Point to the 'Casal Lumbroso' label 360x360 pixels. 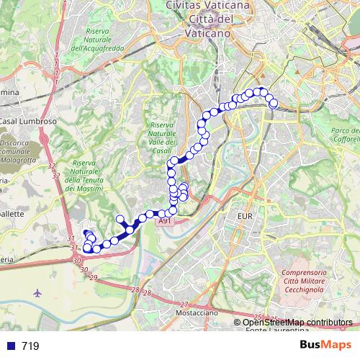tap(27, 122)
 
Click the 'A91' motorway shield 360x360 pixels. tap(165, 222)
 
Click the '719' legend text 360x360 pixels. tap(30, 346)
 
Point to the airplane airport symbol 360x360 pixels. tap(37, 294)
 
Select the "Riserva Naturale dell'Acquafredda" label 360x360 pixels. tap(107, 40)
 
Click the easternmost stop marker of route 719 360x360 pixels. tap(274, 104)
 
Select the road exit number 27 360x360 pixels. tap(184, 304)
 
